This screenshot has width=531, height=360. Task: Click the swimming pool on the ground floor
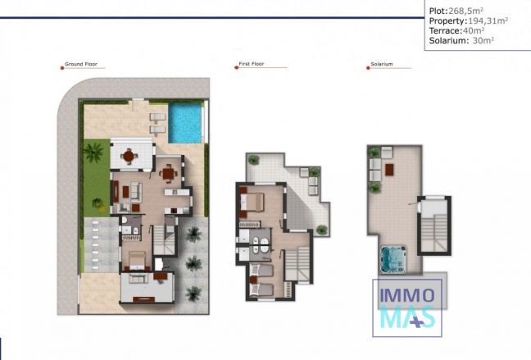pos(186,122)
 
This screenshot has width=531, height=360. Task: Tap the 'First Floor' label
pos(253,63)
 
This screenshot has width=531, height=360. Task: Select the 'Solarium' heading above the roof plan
pos(383,63)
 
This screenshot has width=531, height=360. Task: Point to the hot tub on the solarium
pos(397,258)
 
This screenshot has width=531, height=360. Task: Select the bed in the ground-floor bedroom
pos(136,262)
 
